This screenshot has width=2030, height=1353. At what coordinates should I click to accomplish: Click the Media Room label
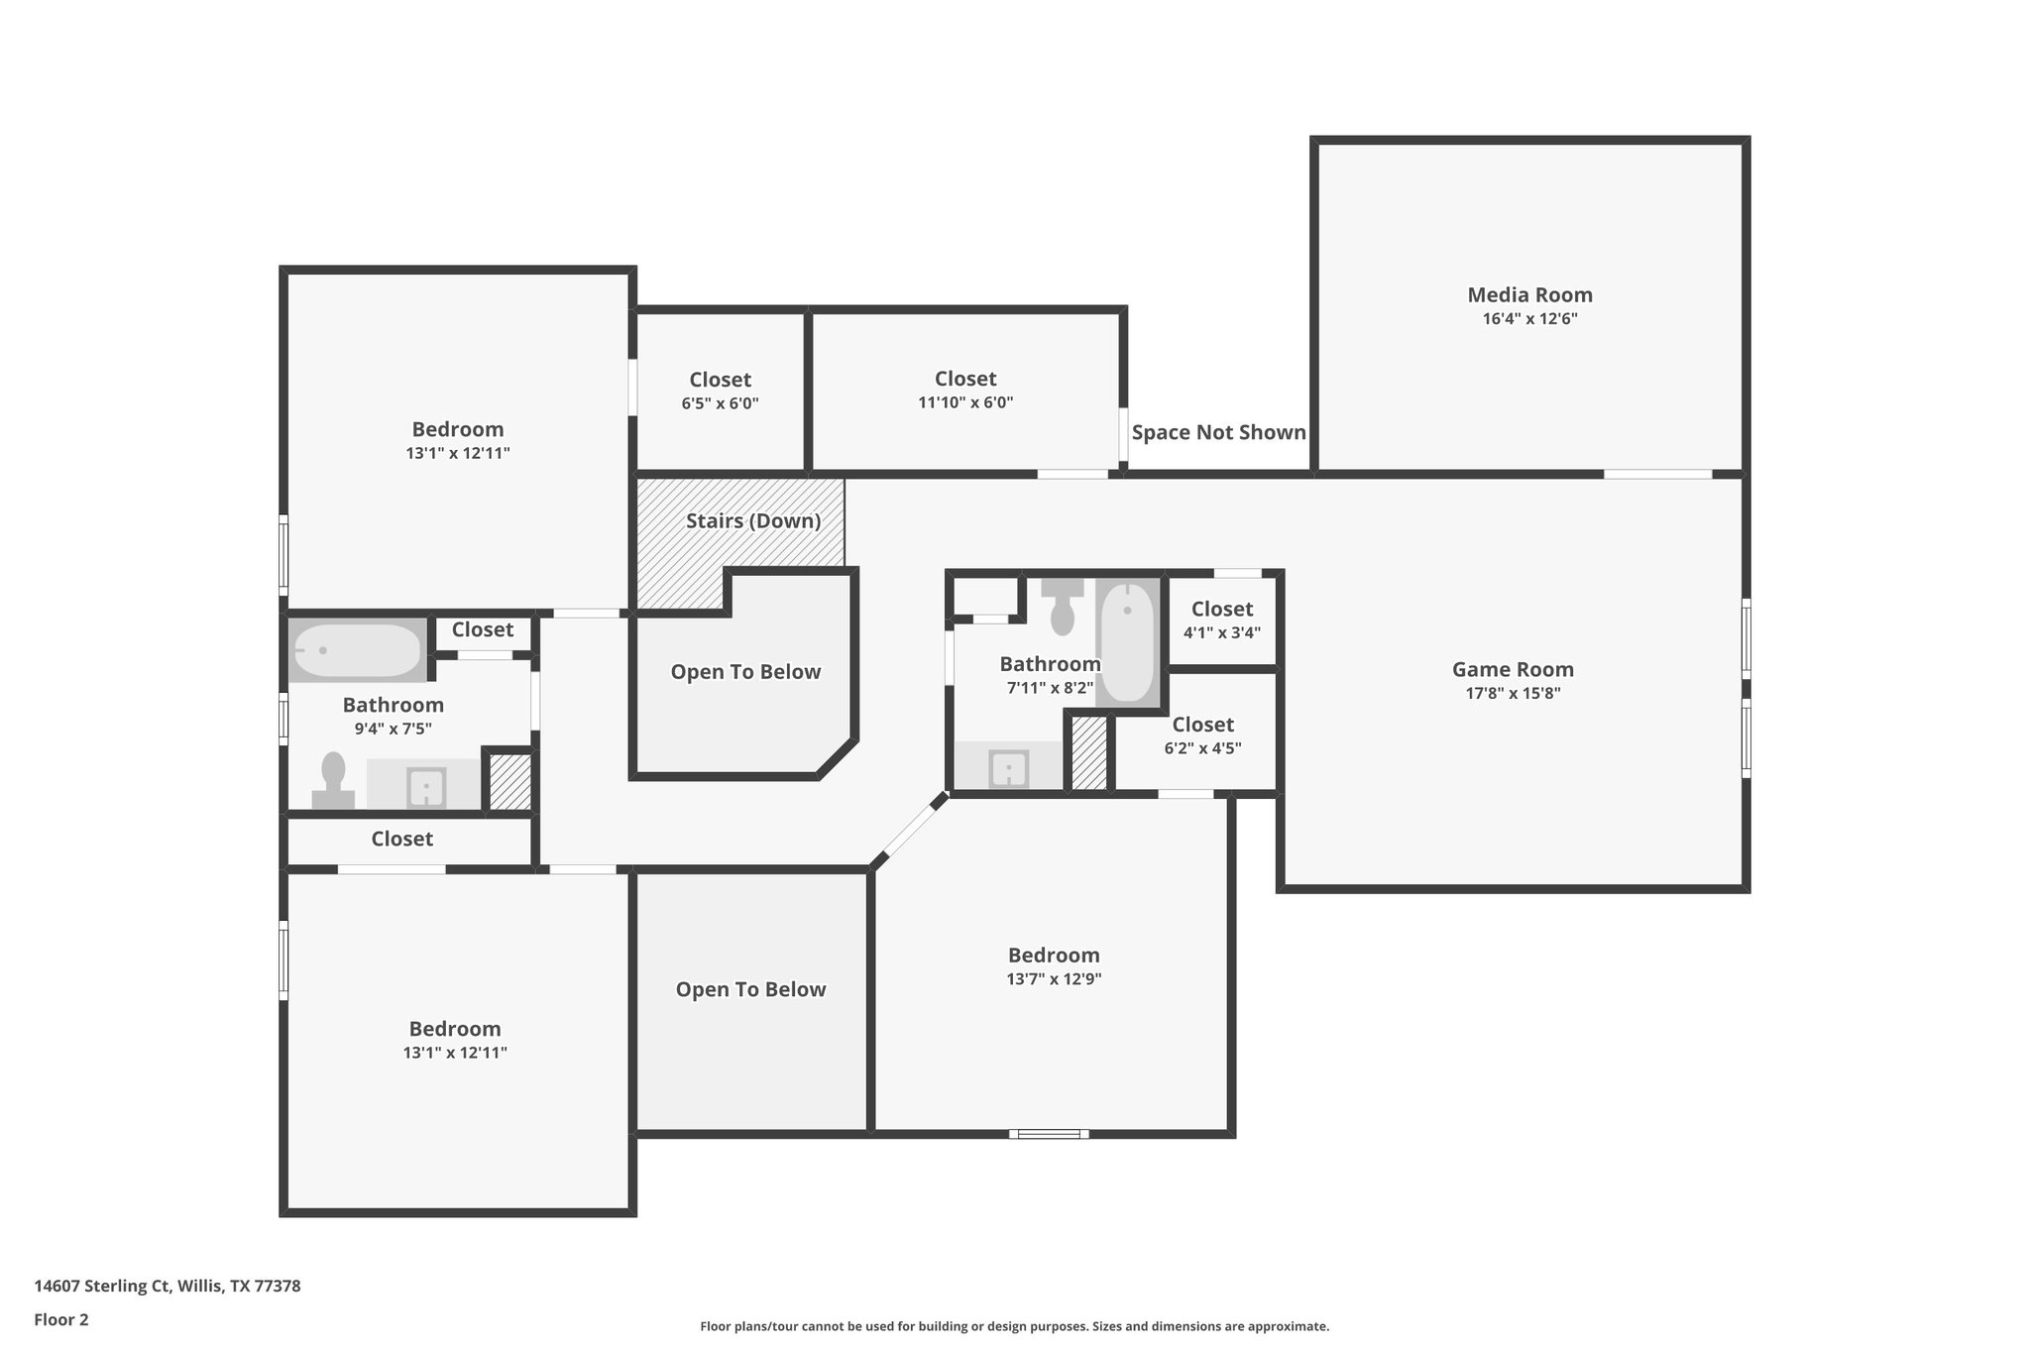click(1529, 294)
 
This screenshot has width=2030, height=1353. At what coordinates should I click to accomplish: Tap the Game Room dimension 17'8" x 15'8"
click(1513, 694)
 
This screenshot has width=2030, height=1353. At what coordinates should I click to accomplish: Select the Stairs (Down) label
click(753, 520)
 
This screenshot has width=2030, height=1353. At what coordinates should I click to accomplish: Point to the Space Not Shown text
click(1218, 432)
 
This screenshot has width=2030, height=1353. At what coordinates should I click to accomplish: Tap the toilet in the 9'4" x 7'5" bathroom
click(333, 781)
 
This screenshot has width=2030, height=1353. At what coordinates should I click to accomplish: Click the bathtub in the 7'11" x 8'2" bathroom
click(1128, 643)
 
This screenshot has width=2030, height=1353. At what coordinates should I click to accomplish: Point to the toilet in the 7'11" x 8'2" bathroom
click(1063, 607)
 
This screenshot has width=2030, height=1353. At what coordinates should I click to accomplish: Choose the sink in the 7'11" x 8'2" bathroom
click(1009, 769)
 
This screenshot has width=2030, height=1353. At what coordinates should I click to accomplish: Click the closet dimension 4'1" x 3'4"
click(1222, 632)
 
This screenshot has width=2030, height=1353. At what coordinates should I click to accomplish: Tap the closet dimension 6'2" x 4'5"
click(1202, 748)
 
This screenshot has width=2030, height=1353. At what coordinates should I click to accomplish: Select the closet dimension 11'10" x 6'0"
click(965, 402)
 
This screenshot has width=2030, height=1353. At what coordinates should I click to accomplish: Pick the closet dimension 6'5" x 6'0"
click(721, 403)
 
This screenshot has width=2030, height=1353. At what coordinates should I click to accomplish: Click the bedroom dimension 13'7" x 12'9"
click(1054, 979)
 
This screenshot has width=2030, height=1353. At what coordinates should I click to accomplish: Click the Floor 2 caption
click(61, 1320)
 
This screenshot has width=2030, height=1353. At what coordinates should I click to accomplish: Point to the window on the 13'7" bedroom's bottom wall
click(1049, 1134)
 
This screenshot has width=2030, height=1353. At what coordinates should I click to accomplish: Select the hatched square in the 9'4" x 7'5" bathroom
click(510, 783)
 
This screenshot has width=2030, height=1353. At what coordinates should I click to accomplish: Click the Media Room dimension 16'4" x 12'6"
click(1529, 319)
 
